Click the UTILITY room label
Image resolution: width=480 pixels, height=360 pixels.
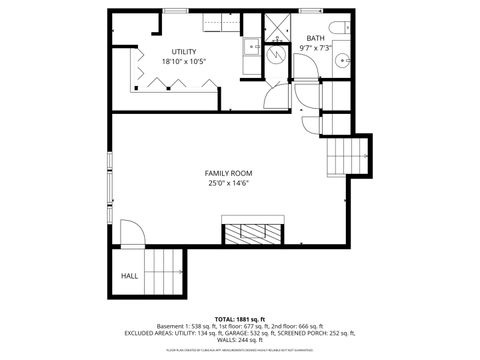pyautogui.click(x=183, y=51)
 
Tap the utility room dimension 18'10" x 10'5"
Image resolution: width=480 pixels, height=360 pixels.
pyautogui.click(x=183, y=62)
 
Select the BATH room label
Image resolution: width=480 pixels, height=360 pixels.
pyautogui.click(x=315, y=37)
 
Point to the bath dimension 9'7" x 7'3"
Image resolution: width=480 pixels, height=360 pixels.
pyautogui.click(x=315, y=48)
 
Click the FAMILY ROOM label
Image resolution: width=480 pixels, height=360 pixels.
pyautogui.click(x=228, y=173)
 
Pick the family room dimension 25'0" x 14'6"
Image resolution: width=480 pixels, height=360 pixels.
pyautogui.click(x=228, y=184)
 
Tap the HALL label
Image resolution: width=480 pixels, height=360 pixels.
pyautogui.click(x=129, y=275)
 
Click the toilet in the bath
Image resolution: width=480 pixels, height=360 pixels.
pyautogui.click(x=342, y=28)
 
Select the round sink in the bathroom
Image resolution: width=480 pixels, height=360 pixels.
pyautogui.click(x=343, y=59)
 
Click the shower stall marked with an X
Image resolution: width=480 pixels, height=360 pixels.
pyautogui.click(x=282, y=27)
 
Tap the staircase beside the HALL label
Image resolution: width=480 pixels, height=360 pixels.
pyautogui.click(x=165, y=273)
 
